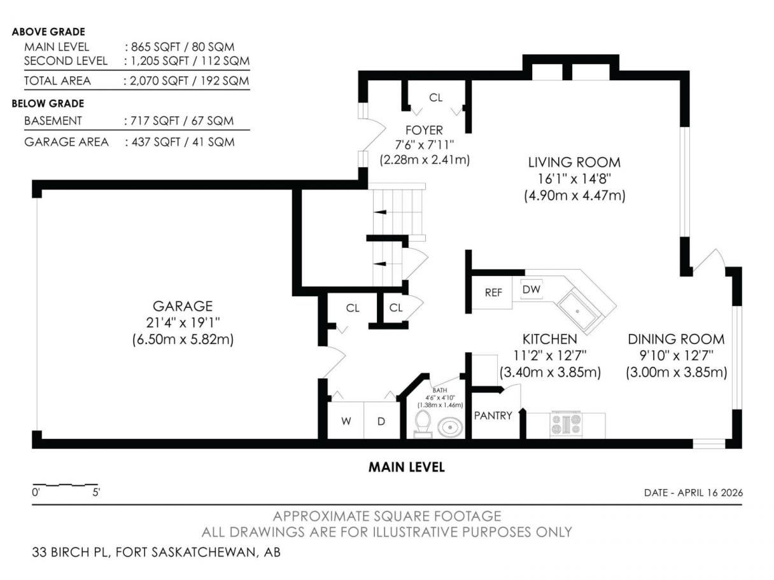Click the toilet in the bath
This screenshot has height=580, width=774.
point(423,424)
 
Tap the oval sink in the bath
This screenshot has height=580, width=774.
point(449,427)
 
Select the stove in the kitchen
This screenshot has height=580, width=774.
point(565,424)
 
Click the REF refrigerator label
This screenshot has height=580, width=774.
point(493,293)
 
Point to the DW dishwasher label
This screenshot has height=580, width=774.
point(531,289)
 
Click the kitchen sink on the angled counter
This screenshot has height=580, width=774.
point(577,310)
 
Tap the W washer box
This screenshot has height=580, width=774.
point(346,420)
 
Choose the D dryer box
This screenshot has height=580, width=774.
point(381,420)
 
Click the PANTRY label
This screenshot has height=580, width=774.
point(493,415)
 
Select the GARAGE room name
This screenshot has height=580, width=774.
point(183,306)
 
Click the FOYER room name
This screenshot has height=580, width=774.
point(424,130)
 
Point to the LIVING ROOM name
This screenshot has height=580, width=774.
point(574,162)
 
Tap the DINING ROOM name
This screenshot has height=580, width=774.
point(676,339)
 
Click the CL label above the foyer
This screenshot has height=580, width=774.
point(435,97)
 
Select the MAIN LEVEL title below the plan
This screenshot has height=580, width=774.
point(406,467)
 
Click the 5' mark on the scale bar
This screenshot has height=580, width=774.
point(96,492)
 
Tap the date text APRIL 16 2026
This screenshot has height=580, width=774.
point(710,492)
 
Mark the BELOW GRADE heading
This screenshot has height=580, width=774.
point(48,104)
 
